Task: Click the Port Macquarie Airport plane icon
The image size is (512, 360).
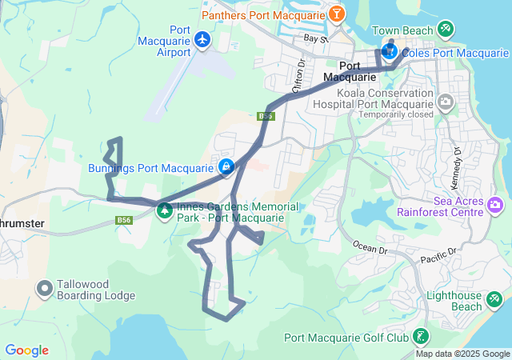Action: click(202, 38)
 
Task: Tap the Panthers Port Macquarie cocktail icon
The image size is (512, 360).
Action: click(338, 14)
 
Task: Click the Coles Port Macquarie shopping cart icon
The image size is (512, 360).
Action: click(390, 52)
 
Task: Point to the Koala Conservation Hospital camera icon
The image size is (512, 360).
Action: click(445, 102)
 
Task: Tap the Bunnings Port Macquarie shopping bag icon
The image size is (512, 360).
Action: click(226, 167)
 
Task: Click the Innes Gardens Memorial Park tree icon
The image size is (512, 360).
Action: click(165, 211)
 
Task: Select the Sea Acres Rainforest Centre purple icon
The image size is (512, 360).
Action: click(495, 206)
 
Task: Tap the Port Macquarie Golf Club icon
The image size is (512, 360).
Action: click(421, 337)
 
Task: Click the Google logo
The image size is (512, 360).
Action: click(26, 350)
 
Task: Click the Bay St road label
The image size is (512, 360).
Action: click(315, 38)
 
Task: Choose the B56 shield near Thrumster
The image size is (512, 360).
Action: click(123, 220)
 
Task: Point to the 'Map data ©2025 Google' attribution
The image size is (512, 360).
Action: click(462, 354)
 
